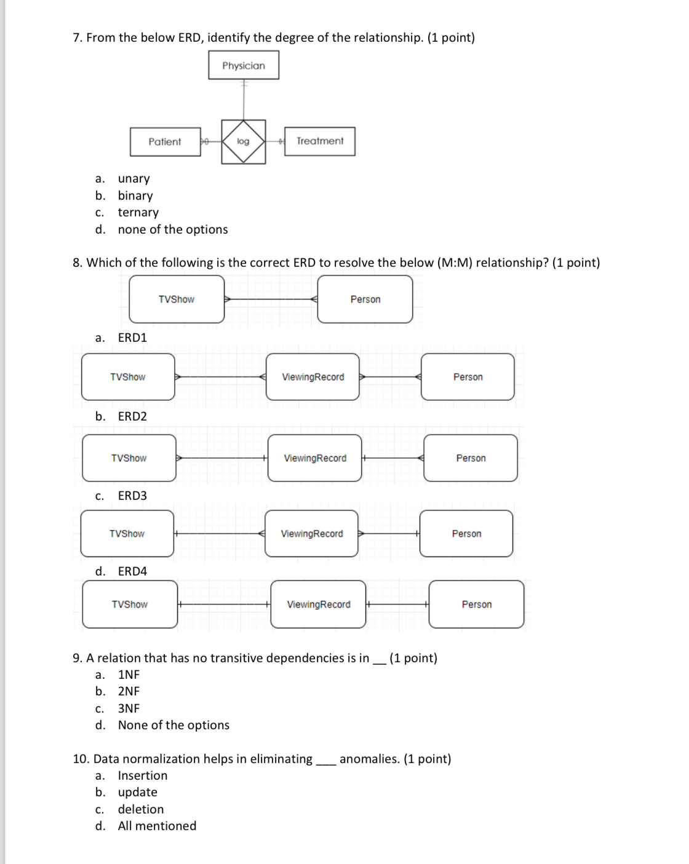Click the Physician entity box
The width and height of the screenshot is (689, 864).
(x=244, y=65)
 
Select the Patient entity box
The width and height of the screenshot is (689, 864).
(x=165, y=141)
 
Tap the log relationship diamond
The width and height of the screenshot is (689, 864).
(x=244, y=141)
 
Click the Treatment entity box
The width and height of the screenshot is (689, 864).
(x=320, y=141)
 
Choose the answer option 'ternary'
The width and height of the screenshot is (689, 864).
(x=138, y=212)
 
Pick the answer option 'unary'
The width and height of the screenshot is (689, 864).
(x=133, y=178)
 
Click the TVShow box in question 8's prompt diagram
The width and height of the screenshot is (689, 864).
(x=177, y=299)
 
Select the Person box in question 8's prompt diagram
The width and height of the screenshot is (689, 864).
(x=365, y=299)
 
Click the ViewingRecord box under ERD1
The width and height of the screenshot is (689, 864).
(x=313, y=377)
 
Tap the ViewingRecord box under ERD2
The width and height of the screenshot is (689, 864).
(x=315, y=458)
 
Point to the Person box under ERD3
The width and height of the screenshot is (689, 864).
(x=466, y=534)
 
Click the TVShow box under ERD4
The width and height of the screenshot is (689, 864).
(x=130, y=604)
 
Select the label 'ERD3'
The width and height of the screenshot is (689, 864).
(x=132, y=496)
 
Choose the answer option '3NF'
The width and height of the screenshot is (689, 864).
(x=129, y=708)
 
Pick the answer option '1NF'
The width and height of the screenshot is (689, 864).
(x=129, y=675)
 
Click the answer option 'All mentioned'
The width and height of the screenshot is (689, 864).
(x=157, y=826)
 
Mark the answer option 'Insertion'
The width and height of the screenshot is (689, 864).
(x=143, y=775)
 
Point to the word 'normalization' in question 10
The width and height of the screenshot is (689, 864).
(x=164, y=759)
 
